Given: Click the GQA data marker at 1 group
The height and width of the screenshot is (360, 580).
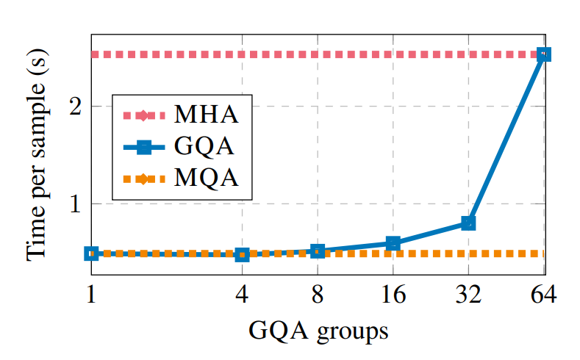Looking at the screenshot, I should point(92,253).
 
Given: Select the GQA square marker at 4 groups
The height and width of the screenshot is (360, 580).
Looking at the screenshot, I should point(242,254).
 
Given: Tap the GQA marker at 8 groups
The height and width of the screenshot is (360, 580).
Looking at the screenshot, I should point(318,251).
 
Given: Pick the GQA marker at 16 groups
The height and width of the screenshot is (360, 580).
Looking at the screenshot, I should point(393,243).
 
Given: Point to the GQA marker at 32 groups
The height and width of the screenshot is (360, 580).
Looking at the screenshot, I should point(468,223).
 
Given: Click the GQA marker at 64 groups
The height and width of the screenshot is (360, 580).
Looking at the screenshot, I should point(543,54).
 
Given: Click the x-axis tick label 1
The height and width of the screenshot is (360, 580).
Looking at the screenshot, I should point(92,295).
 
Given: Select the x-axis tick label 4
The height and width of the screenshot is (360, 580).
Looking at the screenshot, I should point(242,295).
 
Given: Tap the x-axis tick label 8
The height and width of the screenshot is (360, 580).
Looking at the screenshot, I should point(318,295).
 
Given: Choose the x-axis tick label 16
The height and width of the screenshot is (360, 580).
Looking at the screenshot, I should point(393,295).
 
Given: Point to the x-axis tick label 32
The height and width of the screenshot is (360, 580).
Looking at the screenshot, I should point(468,295).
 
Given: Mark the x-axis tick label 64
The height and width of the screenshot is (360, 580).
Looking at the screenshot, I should point(543,295).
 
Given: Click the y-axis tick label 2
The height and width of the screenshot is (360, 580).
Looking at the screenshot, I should point(75,106).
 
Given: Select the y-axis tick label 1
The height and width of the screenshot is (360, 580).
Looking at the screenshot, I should point(75,204).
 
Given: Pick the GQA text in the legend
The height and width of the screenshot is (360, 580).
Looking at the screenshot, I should point(205,147).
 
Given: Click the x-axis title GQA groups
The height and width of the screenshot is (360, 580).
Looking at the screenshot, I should point(318,331).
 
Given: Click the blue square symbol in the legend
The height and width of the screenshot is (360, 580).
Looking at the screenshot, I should point(143,147).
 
